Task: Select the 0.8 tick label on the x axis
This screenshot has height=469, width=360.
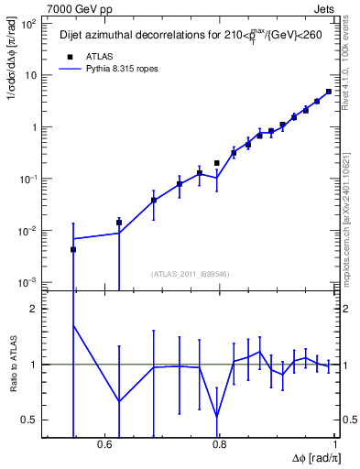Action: (x=220, y=446)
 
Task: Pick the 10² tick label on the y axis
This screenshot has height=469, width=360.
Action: (x=29, y=25)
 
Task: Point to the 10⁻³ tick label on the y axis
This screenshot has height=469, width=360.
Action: (x=28, y=282)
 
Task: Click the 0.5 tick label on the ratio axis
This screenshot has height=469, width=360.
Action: (x=29, y=420)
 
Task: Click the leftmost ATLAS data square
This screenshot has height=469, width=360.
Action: (x=73, y=249)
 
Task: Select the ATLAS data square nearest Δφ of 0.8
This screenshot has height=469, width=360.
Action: (x=217, y=163)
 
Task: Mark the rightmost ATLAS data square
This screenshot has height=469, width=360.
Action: (x=329, y=92)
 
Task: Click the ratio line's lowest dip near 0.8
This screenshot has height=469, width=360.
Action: (x=217, y=417)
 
